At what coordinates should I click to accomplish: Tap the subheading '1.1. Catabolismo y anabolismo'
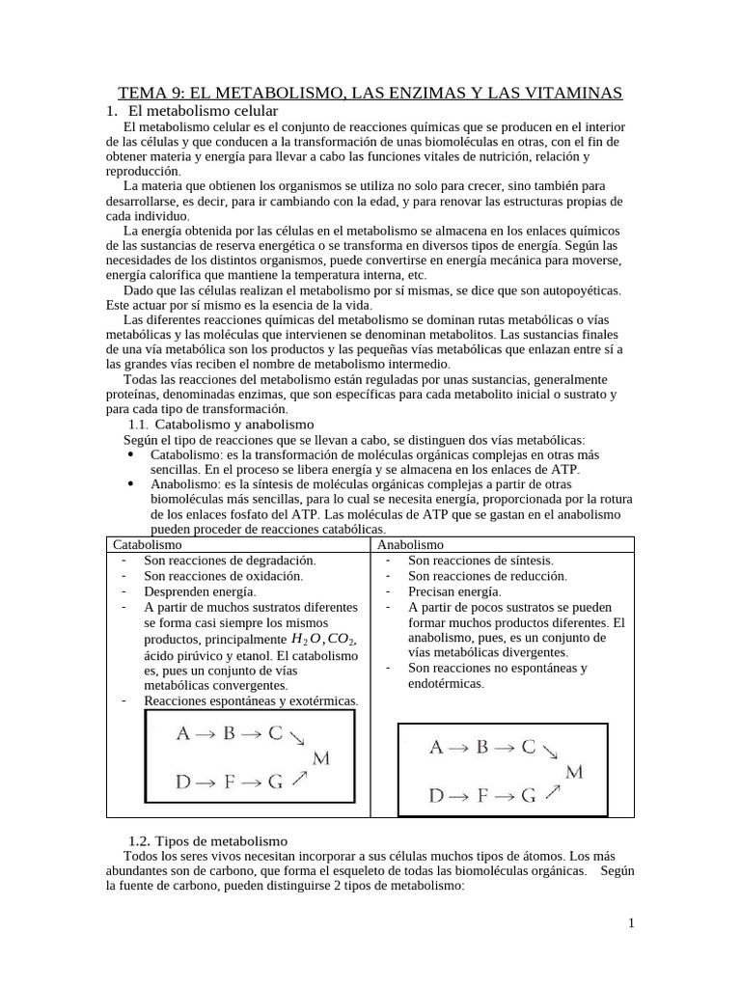pyautogui.click(x=220, y=424)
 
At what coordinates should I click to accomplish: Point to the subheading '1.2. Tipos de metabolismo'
pyautogui.click(x=207, y=841)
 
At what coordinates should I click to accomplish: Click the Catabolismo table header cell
pyautogui.click(x=148, y=544)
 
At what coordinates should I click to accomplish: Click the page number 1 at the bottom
pyautogui.click(x=631, y=923)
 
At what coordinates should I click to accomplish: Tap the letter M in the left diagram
pyautogui.click(x=321, y=758)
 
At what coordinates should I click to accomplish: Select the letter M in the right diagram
pyautogui.click(x=574, y=771)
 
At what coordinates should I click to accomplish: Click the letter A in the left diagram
pyautogui.click(x=183, y=733)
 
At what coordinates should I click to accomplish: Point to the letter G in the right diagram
pyautogui.click(x=528, y=796)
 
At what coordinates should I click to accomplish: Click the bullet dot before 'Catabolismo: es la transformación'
pyautogui.click(x=130, y=453)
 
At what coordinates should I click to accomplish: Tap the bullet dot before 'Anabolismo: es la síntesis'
pyautogui.click(x=130, y=485)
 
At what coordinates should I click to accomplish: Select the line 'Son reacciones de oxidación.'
pyautogui.click(x=223, y=575)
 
